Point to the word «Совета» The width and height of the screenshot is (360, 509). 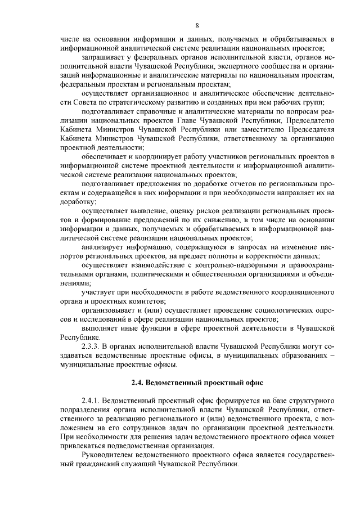tap(87, 102)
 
